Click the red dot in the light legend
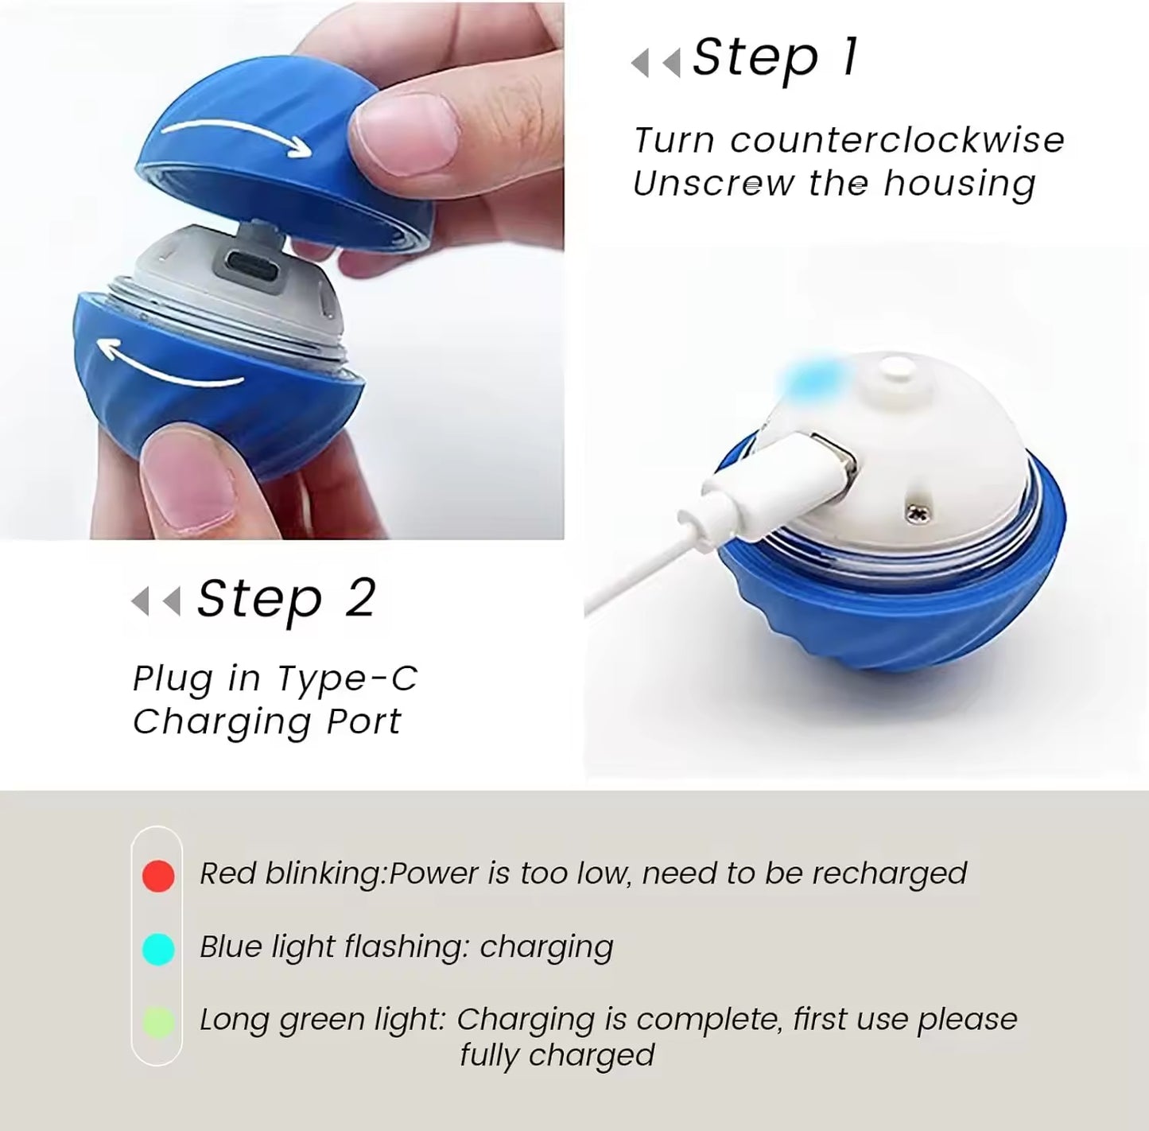pyautogui.click(x=158, y=876)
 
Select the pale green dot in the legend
pyautogui.click(x=158, y=1023)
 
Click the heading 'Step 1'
pyautogui.click(x=774, y=58)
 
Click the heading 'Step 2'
pyautogui.click(x=285, y=599)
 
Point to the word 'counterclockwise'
pyautogui.click(x=897, y=141)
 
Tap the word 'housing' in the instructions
pyautogui.click(x=960, y=184)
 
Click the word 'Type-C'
pyautogui.click(x=347, y=678)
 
